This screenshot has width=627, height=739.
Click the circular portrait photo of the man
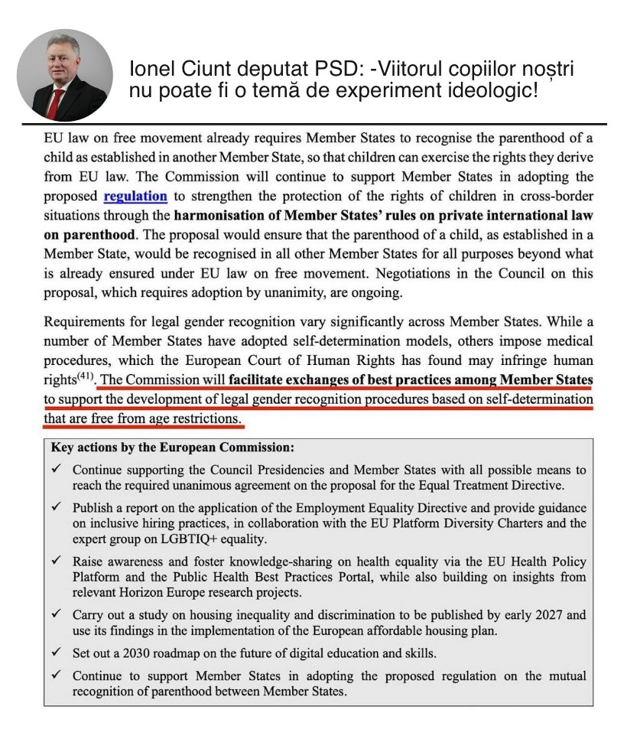tap(63, 77)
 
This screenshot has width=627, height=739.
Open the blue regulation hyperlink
tap(135, 196)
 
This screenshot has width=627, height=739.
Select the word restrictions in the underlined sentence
tap(204, 419)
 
